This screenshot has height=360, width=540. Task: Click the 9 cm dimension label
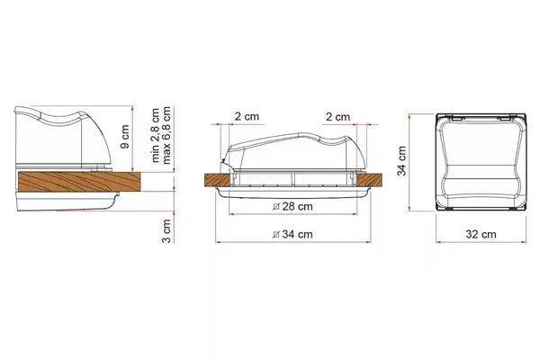click(x=125, y=137)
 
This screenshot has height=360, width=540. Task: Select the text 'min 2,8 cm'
click(x=155, y=135)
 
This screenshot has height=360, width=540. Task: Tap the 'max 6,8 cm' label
click(x=166, y=135)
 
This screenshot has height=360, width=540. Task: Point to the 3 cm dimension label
click(x=166, y=231)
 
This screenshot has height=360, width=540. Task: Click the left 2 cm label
click(x=247, y=116)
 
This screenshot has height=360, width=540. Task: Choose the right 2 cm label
click(x=337, y=117)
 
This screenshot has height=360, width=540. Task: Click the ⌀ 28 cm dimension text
click(x=292, y=207)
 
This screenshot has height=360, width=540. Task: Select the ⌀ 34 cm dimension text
click(x=292, y=234)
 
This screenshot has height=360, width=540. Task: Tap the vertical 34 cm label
click(x=402, y=161)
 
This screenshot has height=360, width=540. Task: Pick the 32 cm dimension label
click(x=481, y=234)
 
